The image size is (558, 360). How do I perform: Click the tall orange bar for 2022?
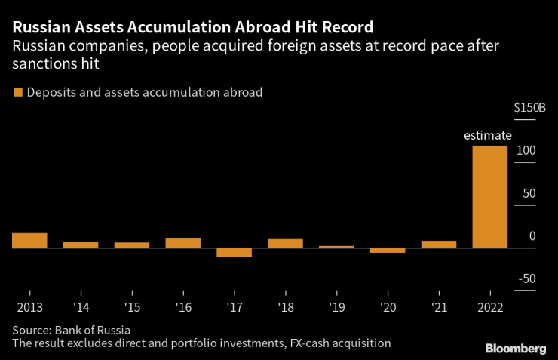(489, 196)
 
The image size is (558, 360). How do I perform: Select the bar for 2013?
(29, 240)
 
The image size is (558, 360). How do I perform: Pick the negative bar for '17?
(234, 252)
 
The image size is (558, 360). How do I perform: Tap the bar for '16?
(182, 242)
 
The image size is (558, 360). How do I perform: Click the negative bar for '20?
(388, 250)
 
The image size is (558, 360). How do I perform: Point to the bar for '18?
(285, 243)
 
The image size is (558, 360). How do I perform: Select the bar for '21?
(439, 244)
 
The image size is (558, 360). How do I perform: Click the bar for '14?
(81, 245)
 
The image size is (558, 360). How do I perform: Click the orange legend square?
(17, 93)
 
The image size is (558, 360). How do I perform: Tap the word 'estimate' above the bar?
(487, 136)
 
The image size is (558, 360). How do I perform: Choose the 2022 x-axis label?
(489, 308)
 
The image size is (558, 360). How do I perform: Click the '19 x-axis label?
(336, 308)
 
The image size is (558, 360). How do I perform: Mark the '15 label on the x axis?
(132, 308)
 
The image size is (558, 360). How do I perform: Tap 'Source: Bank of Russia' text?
(72, 330)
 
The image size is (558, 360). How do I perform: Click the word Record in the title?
(342, 28)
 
